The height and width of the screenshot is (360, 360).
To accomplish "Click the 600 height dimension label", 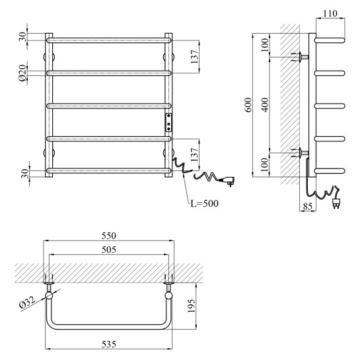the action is click(x=248, y=105).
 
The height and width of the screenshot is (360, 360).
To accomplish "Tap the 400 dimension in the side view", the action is click(x=265, y=105).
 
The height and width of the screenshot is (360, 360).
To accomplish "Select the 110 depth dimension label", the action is click(x=330, y=14).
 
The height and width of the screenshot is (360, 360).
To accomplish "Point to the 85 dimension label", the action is click(x=308, y=206).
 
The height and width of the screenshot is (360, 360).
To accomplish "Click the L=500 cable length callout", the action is click(x=205, y=203).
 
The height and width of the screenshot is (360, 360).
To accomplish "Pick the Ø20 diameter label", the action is click(x=22, y=73).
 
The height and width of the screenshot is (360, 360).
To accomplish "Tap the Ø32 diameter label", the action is click(x=27, y=303).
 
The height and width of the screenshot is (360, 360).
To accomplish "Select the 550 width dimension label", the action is click(x=109, y=236).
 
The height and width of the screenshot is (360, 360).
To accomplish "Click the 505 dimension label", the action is click(x=109, y=250).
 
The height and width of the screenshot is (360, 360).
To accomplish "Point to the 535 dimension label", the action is click(x=109, y=344).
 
